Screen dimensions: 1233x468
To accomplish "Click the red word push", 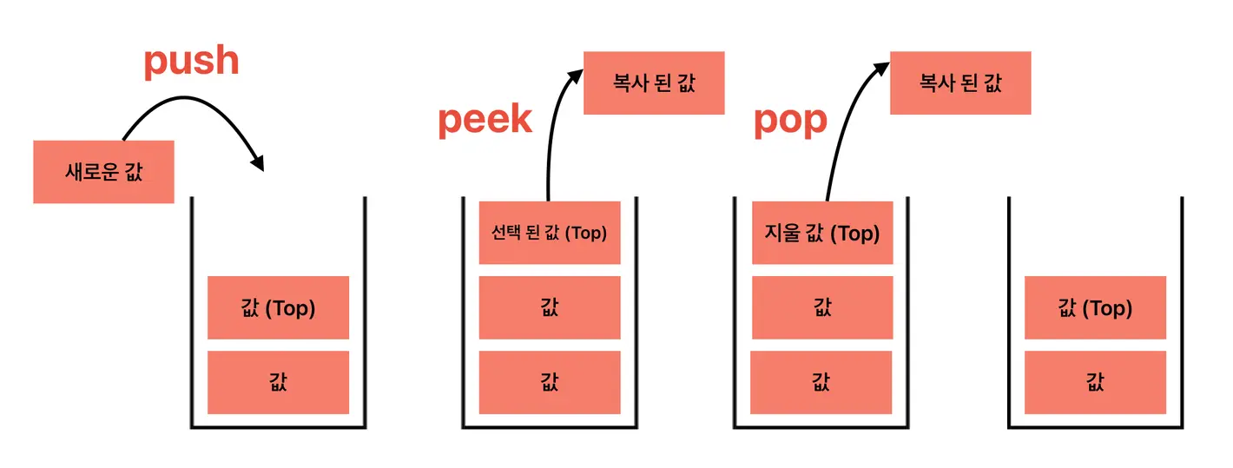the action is pos(190,61).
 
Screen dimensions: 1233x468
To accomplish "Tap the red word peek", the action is pos(485,119).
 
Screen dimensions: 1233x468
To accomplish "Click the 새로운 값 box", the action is pos(103,172).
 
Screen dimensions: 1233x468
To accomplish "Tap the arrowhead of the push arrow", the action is pos(257,161).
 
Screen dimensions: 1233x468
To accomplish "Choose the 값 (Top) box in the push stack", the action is pos(278,307).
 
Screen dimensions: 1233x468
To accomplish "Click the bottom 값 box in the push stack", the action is pos(278,382).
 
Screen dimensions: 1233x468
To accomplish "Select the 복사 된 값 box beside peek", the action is pos(654,82).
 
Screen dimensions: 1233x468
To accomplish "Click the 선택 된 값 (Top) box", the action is pos(550,233).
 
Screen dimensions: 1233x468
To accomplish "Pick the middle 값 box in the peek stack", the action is pos(550,307).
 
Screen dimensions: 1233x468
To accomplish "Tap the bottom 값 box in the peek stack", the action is pos(550,382).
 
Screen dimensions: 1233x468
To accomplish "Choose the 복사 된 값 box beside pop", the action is pos(960,82).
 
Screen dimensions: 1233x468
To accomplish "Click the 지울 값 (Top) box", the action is pos(822,233).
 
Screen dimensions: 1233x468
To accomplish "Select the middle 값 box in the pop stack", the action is pos(822,307).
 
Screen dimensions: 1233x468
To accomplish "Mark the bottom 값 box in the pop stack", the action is pos(821,382).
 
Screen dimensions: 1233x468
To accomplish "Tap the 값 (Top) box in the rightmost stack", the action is pos(1095,307).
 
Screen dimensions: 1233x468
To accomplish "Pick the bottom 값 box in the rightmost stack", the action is pos(1095,382).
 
